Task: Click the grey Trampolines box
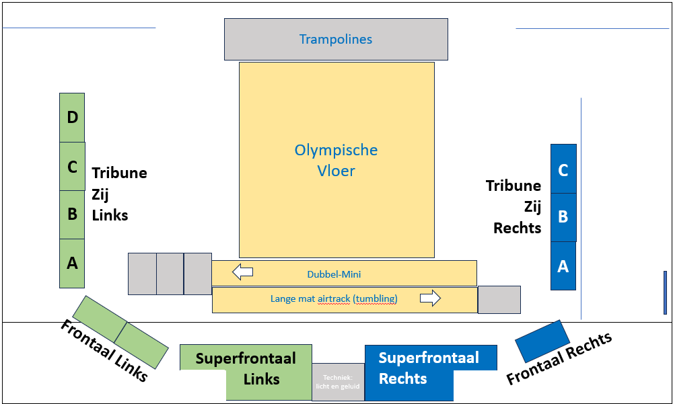tap(336, 39)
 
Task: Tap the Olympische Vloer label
tap(336, 160)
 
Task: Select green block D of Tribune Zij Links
tap(72, 118)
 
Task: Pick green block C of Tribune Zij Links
tap(72, 166)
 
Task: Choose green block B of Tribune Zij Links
tap(72, 214)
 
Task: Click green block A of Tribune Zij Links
tap(72, 264)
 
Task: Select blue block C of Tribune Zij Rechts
tap(563, 169)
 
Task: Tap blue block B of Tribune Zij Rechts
tap(563, 217)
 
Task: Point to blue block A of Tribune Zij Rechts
tap(563, 266)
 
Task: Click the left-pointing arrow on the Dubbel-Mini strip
tap(242, 272)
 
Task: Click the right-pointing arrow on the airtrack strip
tap(430, 298)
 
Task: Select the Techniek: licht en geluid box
tap(338, 382)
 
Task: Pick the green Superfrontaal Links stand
tap(246, 368)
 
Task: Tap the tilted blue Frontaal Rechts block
tap(542, 341)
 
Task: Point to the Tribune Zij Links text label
tap(119, 194)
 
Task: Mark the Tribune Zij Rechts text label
tap(514, 206)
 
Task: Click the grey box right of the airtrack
tap(499, 300)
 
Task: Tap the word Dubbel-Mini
tap(334, 274)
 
